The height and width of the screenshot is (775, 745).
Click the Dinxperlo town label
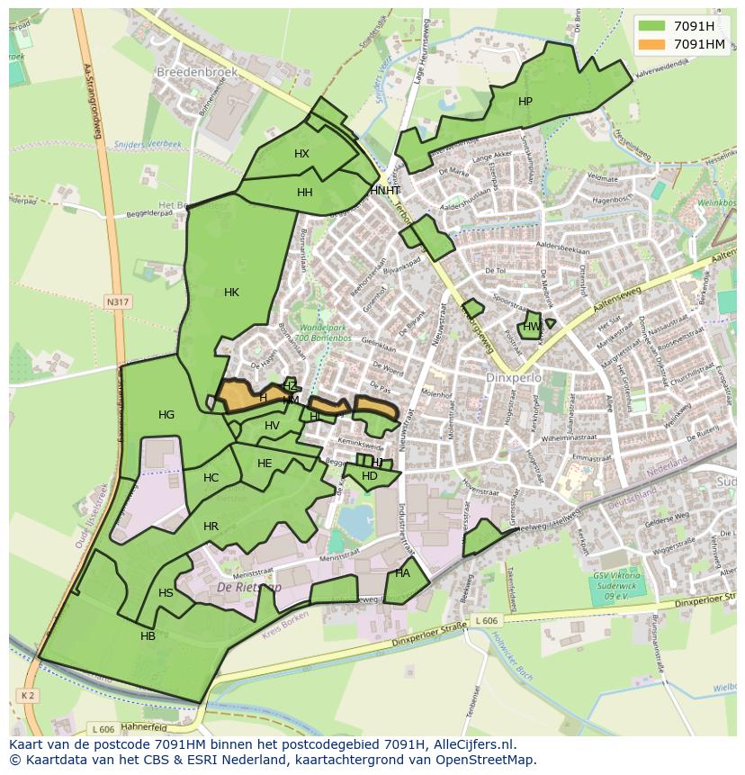[x=514, y=378]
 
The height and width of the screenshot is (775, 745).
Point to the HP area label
[x=525, y=102]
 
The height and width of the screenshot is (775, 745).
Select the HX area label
[x=301, y=154]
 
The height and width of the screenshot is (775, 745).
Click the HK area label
[x=231, y=292]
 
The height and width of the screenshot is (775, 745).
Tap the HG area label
[x=166, y=415]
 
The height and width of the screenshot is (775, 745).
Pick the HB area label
[x=148, y=636]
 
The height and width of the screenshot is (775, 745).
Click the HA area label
[x=402, y=573]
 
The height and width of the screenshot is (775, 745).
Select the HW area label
[x=532, y=327]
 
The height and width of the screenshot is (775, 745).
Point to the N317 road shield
[x=117, y=302]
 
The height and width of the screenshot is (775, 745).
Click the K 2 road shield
[x=26, y=695]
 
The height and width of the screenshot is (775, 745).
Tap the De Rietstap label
[x=249, y=587]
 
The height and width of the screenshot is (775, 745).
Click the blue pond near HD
[x=355, y=519]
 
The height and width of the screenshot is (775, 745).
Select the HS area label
[x=166, y=593]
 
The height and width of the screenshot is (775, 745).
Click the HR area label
[x=211, y=527]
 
